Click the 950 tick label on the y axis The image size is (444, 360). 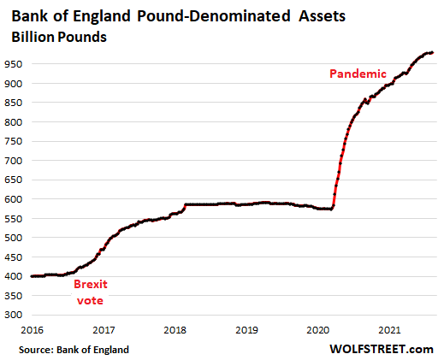[13, 64]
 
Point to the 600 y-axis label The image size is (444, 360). [13, 199]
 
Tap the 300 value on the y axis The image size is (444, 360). [13, 315]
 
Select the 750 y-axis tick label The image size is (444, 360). [13, 141]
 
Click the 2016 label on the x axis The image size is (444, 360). [33, 330]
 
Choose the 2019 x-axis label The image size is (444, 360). [246, 330]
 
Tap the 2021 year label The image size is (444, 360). [389, 330]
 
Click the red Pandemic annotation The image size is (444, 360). [358, 74]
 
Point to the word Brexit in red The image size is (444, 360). [91, 284]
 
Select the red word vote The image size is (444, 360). [90, 300]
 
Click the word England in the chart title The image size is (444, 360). [102, 16]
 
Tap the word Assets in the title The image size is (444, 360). [322, 16]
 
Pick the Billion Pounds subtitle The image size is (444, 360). [59, 37]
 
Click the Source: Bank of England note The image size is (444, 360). [74, 350]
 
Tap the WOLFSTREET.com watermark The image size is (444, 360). [382, 349]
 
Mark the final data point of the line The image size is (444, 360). [432, 53]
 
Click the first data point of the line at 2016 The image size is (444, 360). [32, 276]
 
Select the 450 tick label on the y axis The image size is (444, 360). [13, 257]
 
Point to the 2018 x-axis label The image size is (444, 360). [175, 330]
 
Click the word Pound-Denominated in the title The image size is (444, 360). [214, 16]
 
